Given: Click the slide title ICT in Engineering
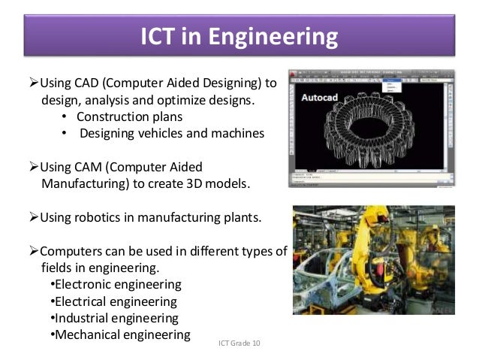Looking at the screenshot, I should point(239,37).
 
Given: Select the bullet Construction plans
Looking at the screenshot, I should point(128,116).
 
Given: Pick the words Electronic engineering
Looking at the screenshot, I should point(119,285).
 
